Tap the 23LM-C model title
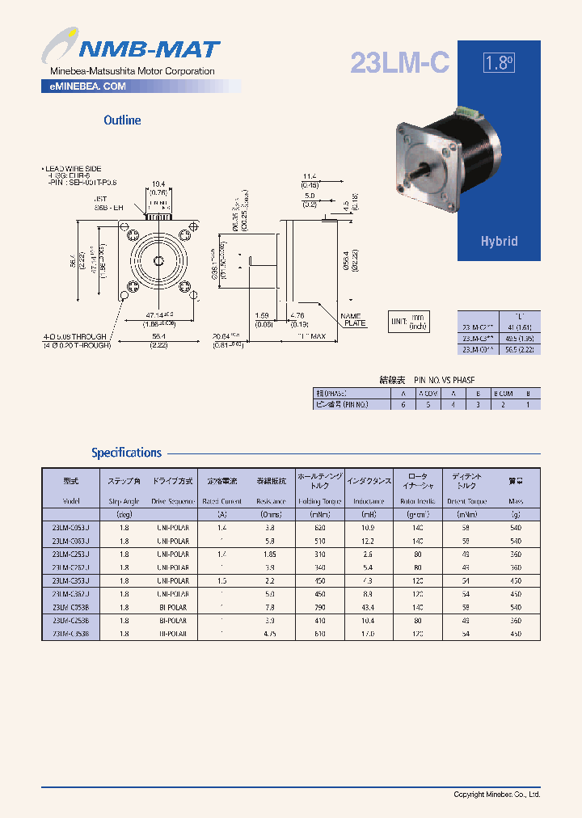(x=399, y=63)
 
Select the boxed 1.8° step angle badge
(x=499, y=63)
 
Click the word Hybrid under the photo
(x=499, y=241)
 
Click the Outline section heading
(x=122, y=120)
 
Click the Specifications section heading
(x=126, y=453)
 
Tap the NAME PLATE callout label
(x=352, y=320)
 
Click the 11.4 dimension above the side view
(x=310, y=175)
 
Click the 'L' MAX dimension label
(x=312, y=335)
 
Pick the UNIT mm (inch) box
(x=409, y=322)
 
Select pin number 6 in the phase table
(x=403, y=403)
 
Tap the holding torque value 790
(x=308, y=607)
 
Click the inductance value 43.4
(x=369, y=607)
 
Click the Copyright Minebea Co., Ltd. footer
(x=496, y=795)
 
